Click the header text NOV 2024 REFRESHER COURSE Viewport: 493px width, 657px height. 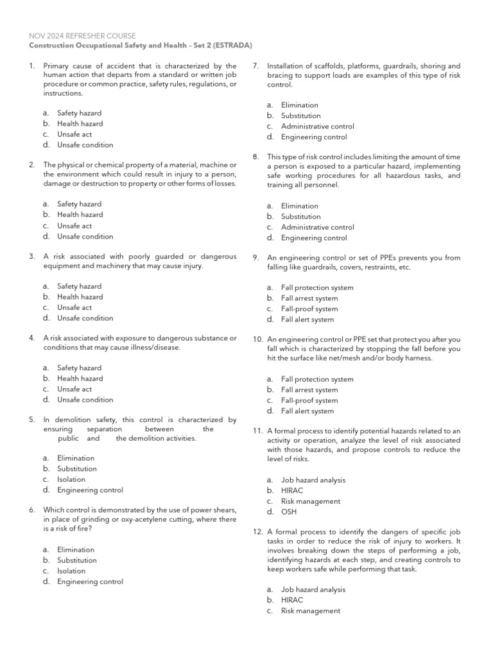click(x=83, y=36)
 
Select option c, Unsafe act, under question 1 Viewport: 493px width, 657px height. click(x=74, y=134)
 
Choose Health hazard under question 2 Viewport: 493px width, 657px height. click(x=80, y=215)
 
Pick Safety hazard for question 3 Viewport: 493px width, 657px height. click(x=79, y=286)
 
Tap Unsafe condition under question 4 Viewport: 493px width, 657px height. click(x=85, y=400)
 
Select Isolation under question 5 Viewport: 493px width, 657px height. click(x=71, y=479)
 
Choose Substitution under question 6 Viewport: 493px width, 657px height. click(x=77, y=560)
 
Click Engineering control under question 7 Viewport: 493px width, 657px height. click(x=314, y=137)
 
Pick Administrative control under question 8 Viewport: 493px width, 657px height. click(x=317, y=227)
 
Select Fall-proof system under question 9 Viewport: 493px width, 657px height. click(x=309, y=309)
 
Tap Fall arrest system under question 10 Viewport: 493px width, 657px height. click(x=309, y=389)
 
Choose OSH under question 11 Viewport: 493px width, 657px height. click(x=289, y=512)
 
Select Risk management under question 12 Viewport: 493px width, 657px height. click(x=311, y=611)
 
